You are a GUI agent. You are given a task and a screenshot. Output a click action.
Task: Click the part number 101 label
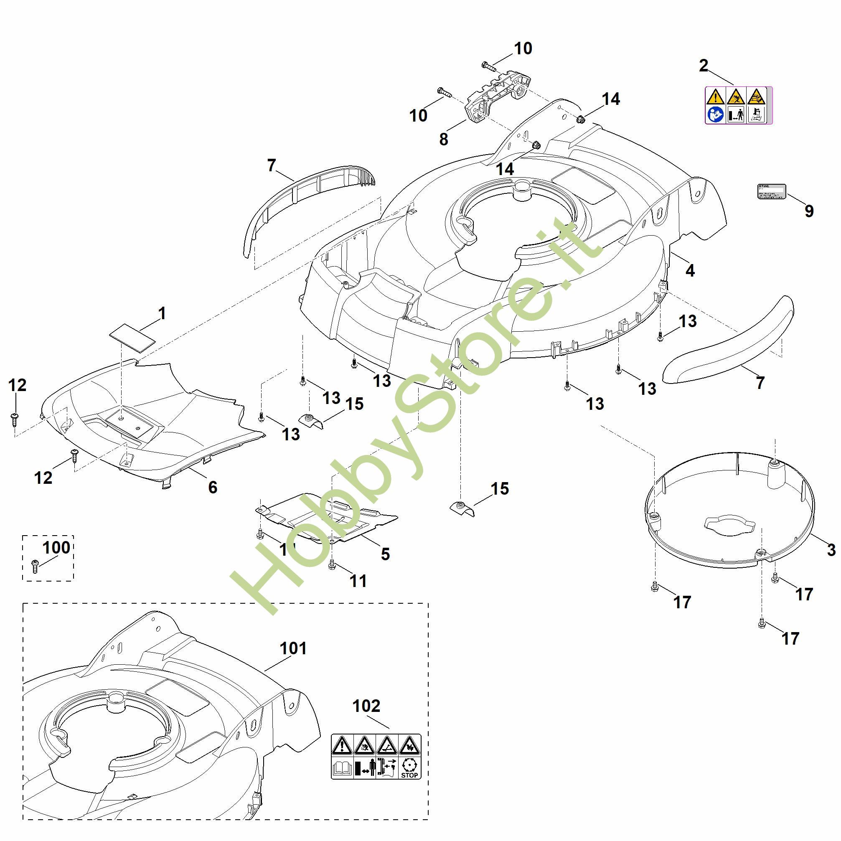coord(293,648)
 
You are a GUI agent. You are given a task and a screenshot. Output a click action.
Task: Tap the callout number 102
coord(366,706)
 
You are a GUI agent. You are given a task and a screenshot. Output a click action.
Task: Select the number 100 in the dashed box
coord(56,547)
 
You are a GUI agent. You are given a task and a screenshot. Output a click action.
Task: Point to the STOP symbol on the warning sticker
coord(409,768)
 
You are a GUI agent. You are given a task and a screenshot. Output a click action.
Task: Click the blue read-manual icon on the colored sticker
coord(715,114)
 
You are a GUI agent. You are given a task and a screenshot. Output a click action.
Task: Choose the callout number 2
coord(704,66)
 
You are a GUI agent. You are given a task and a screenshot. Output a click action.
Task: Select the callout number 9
coord(809,211)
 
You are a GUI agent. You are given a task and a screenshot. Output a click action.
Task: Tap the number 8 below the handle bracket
coord(443,139)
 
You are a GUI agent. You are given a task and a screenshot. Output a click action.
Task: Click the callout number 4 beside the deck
coord(690,271)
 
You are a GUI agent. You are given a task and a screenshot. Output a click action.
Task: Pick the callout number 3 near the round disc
coord(831,550)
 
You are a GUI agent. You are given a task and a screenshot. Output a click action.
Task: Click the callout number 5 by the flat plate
coord(385,554)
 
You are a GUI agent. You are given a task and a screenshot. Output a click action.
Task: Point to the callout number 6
coord(212,488)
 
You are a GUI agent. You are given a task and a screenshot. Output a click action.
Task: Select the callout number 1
coord(162,313)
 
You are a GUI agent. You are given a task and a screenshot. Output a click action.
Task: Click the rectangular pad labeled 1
coord(132,337)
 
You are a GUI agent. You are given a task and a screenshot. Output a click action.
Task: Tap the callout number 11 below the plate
coord(358,581)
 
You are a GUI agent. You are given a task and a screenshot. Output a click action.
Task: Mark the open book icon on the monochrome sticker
coord(342,768)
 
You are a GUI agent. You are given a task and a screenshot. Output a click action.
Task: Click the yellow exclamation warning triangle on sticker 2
coord(715,96)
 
